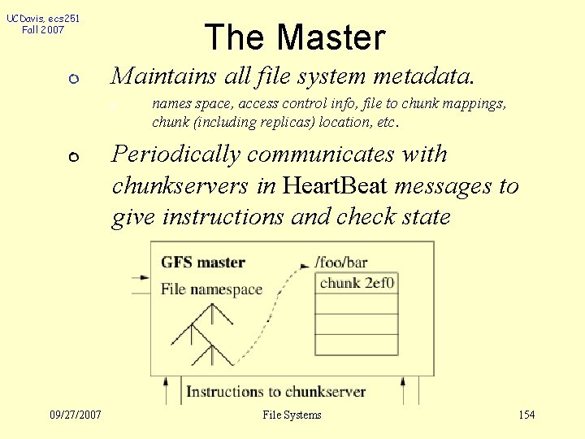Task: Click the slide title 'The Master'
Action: point(294,37)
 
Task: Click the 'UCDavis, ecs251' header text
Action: point(43,18)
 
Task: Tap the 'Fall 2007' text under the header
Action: point(43,30)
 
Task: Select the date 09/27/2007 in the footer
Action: point(75,415)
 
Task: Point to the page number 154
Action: point(526,415)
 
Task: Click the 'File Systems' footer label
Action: point(292,415)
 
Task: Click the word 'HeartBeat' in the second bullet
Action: point(336,186)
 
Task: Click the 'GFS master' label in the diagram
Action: point(203,263)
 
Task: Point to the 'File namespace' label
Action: point(211,289)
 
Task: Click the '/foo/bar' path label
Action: point(341,263)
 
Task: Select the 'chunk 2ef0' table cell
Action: point(357,283)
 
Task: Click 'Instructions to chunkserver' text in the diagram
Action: point(276,392)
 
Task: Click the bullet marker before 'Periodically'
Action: point(73,157)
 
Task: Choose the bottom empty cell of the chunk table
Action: point(357,345)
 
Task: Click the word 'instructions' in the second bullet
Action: point(223,217)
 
